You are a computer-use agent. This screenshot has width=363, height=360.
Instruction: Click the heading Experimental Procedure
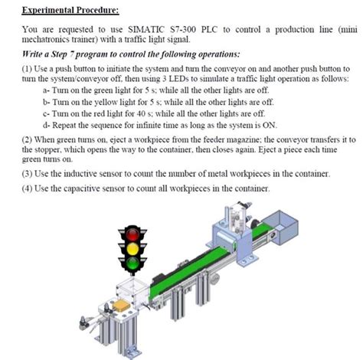pyautogui.click(x=70, y=11)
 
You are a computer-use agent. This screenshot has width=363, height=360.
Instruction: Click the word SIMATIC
pyautogui.click(x=146, y=30)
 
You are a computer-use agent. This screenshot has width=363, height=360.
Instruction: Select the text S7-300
pyautogui.click(x=183, y=30)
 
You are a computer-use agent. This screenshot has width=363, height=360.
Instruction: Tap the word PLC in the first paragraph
pyautogui.click(x=209, y=30)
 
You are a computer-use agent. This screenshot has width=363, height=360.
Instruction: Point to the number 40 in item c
pyautogui.click(x=141, y=113)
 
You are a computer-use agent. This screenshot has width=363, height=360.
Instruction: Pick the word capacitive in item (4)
pyautogui.click(x=81, y=188)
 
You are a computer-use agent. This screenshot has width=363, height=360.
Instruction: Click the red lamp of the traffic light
pyautogui.click(x=132, y=234)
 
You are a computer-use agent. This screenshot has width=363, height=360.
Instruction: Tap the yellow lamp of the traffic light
pyautogui.click(x=132, y=248)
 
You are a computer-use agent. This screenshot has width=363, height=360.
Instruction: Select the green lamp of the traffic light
pyautogui.click(x=132, y=263)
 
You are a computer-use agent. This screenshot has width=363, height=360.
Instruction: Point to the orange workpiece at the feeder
pyautogui.click(x=122, y=305)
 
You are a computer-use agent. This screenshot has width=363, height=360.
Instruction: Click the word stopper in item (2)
pyautogui.click(x=48, y=150)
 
